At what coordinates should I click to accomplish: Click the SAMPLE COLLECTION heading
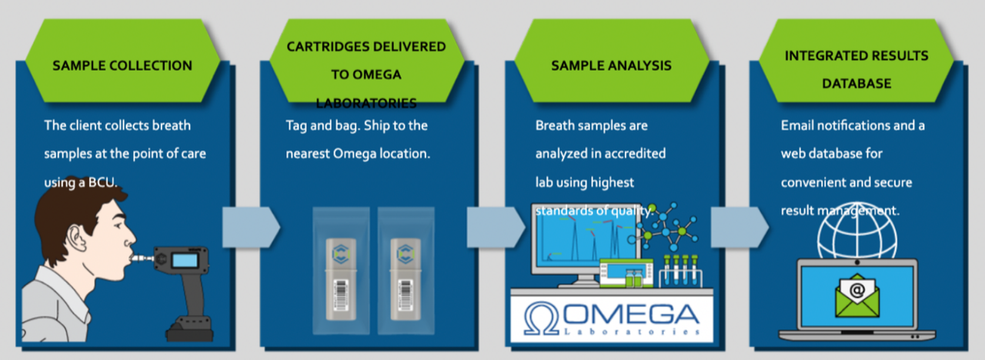pyautogui.click(x=122, y=65)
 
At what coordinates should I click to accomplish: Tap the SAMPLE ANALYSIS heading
pyautogui.click(x=611, y=65)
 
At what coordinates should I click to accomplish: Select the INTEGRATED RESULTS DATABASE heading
pyautogui.click(x=856, y=68)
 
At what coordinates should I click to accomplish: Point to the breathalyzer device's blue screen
pyautogui.click(x=185, y=260)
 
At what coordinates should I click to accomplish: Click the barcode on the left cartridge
pyautogui.click(x=339, y=293)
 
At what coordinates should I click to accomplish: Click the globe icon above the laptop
pyautogui.click(x=857, y=230)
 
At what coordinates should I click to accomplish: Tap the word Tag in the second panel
pyautogui.click(x=296, y=125)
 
